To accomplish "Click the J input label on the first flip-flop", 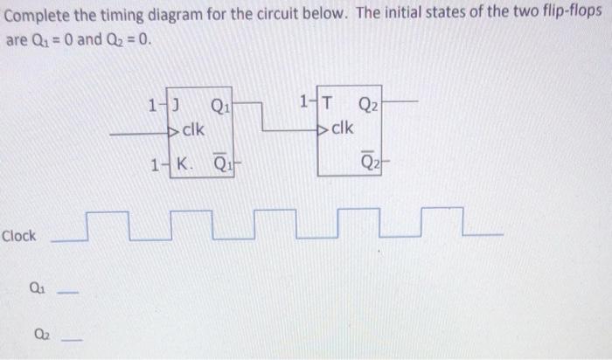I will [177, 108].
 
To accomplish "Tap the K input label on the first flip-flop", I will [184, 163].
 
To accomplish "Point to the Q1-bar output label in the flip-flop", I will [222, 163].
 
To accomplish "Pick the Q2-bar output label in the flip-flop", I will [368, 163].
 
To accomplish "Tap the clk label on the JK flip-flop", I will [191, 130].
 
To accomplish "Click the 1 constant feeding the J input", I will [153, 108].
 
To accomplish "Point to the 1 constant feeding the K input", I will [155, 163].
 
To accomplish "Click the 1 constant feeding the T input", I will [303, 103].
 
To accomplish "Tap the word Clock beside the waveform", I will [19, 236].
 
